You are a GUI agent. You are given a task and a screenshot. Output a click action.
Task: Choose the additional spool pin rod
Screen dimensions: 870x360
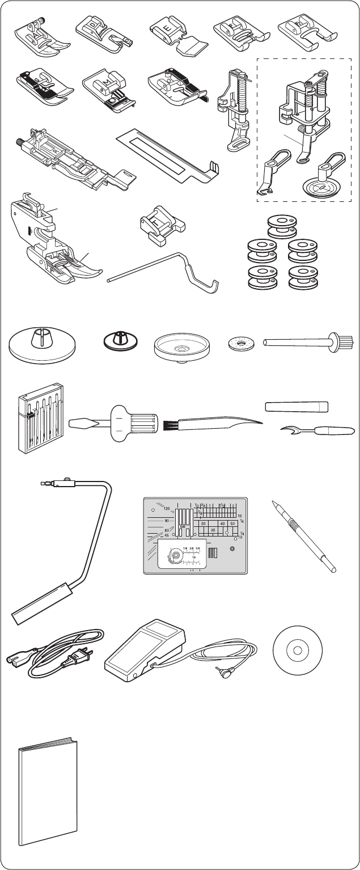tap(306, 343)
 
